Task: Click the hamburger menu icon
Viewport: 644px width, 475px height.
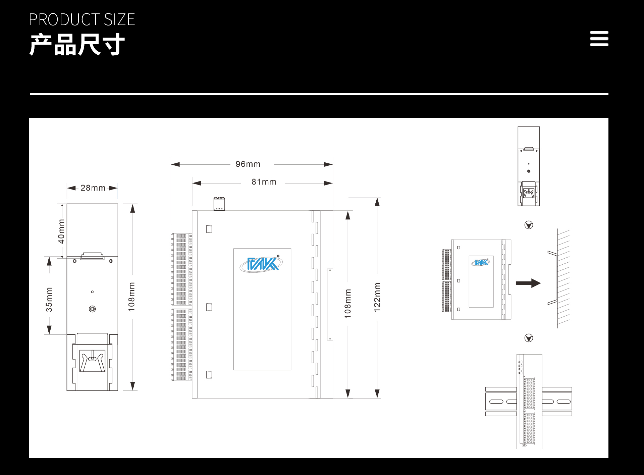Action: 599,39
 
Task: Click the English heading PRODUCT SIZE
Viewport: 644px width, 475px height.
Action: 82,19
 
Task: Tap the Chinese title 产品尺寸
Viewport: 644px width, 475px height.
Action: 77,44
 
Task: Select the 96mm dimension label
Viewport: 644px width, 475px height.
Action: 248,164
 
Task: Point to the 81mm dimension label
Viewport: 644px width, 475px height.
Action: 264,182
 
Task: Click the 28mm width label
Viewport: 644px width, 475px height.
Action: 93,188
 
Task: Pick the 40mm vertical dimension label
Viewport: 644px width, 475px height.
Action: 61,231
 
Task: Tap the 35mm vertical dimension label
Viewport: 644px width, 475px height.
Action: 49,300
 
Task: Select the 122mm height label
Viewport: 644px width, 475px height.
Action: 377,297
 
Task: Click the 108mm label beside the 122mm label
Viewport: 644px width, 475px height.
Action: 348,304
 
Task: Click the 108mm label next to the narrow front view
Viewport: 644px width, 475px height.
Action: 131,297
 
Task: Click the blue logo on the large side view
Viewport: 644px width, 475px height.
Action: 261,264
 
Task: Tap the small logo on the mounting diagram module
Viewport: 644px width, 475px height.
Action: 481,262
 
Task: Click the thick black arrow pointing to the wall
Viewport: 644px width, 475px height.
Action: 528,283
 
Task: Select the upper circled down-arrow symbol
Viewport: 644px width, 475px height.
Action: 529,225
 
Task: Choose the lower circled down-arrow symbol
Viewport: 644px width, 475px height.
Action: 529,338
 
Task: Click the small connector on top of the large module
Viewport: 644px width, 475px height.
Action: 219,204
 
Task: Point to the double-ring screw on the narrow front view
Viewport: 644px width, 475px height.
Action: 92,309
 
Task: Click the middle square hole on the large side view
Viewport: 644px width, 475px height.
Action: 209,307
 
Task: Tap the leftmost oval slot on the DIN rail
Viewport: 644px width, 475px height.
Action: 496,402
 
